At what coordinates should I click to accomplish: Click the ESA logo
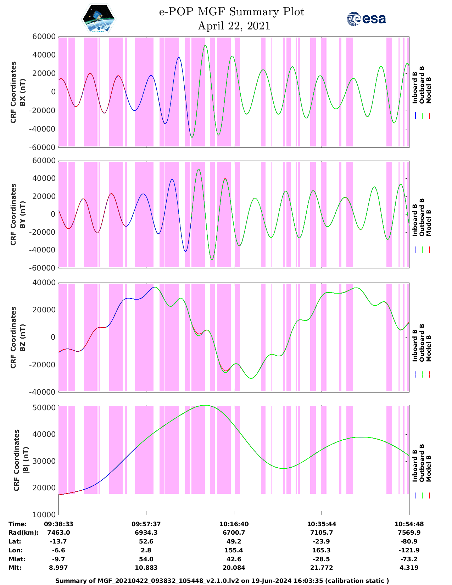coord(366,19)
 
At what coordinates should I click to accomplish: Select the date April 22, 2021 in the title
coord(234,26)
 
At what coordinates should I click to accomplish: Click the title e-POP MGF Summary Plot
coord(231,12)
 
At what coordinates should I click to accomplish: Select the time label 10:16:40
coord(234,524)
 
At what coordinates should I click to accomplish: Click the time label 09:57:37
coord(146,524)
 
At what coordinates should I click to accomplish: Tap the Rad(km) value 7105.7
coord(322,533)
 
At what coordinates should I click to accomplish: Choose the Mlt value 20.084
coord(234,568)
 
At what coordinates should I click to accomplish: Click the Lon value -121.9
coord(409,550)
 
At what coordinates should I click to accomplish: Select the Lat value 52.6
coord(146,541)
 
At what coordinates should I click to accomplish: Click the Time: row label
coord(18,524)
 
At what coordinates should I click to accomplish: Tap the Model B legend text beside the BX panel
coord(428,90)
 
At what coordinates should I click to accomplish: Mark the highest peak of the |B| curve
coord(206,405)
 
